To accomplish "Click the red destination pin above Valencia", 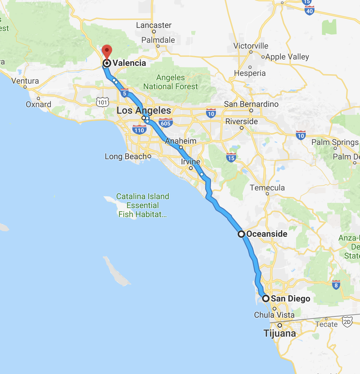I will tap(107, 51).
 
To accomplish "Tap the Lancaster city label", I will tap(154, 25).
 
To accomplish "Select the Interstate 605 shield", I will tap(165, 123).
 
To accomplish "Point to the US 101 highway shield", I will tap(102, 102).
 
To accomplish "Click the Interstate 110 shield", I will tap(139, 130).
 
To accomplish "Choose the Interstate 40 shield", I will tap(309, 11).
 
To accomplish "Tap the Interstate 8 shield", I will tap(336, 285).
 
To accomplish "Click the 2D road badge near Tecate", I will tap(347, 322).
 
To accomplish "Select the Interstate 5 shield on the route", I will tap(125, 93).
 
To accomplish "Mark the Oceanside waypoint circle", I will tap(241, 234).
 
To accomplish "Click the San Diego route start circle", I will tap(266, 299).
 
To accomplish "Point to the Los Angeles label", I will tap(144, 111).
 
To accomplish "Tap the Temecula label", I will tap(267, 188).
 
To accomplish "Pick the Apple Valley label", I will tap(287, 57).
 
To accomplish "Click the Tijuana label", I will tap(279, 333).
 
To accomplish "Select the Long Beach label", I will tap(125, 157).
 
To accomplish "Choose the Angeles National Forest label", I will tap(170, 82).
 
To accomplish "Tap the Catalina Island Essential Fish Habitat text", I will tap(143, 205).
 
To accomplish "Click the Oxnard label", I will tap(38, 104).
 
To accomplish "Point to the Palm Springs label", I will tap(335, 142).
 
